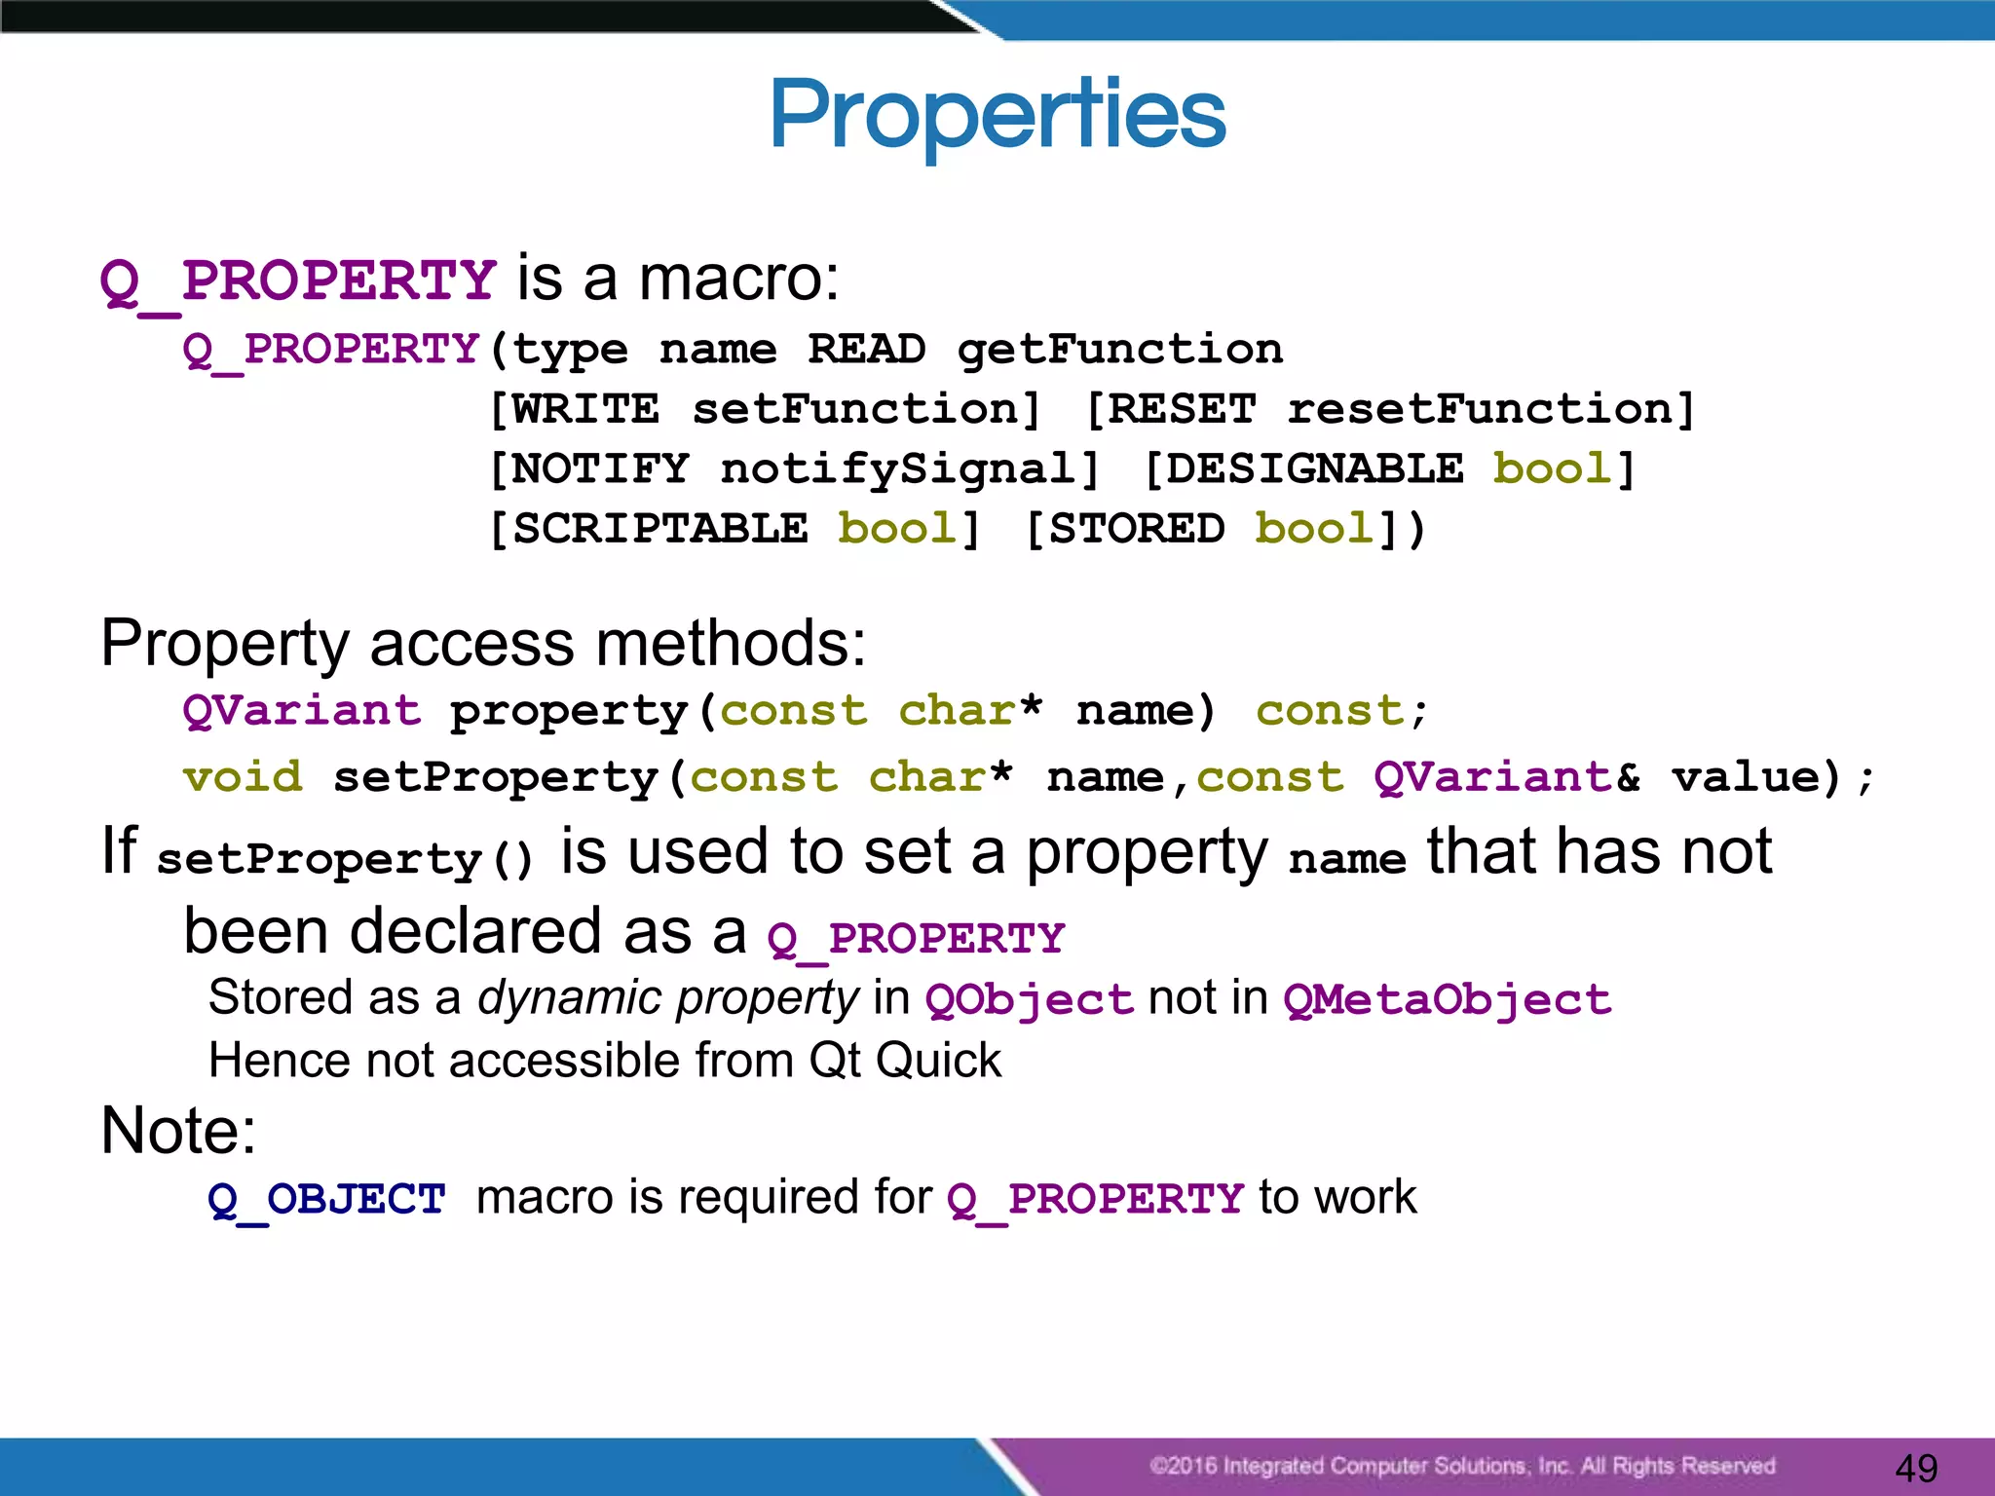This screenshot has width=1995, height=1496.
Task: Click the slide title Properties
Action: (997, 115)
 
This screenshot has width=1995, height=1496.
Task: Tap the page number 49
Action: (1916, 1467)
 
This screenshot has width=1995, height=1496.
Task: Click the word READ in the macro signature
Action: (866, 349)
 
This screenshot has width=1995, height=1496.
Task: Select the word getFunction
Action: (1119, 349)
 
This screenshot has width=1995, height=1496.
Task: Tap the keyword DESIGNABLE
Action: (1315, 469)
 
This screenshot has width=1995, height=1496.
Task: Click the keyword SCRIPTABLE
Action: (660, 529)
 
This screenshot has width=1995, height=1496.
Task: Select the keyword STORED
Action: (1137, 529)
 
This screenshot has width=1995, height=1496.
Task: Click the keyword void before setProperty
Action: (243, 777)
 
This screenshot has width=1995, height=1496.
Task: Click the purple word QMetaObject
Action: (1448, 1000)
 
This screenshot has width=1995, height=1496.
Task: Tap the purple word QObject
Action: (1030, 1000)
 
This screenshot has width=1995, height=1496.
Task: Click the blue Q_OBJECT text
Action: (326, 1199)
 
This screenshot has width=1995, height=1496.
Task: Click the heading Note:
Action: (178, 1131)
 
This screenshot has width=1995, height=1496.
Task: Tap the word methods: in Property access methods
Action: (731, 644)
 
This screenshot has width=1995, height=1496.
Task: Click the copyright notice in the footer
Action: (1461, 1466)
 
